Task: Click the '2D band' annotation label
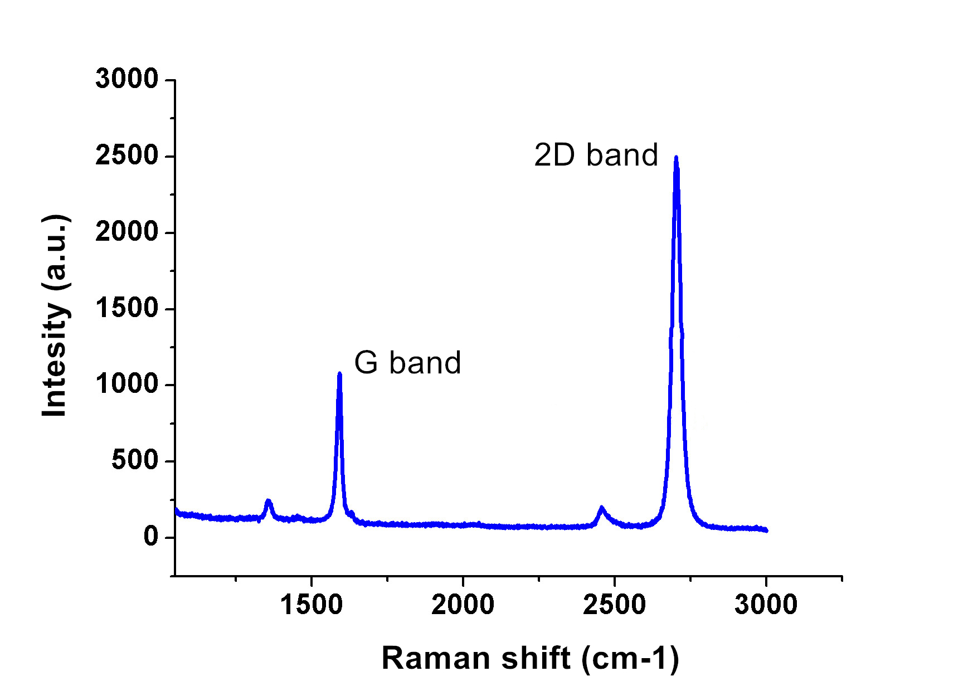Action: pyautogui.click(x=596, y=155)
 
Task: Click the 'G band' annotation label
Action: pyautogui.click(x=407, y=363)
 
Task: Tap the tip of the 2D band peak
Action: pyautogui.click(x=676, y=157)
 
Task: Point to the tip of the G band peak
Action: pyautogui.click(x=339, y=373)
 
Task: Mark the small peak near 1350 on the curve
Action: pyautogui.click(x=268, y=501)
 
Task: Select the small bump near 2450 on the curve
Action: pyautogui.click(x=601, y=508)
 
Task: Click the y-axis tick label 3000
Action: pyautogui.click(x=127, y=79)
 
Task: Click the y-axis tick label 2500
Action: pyautogui.click(x=127, y=155)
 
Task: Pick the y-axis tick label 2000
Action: pyautogui.click(x=127, y=232)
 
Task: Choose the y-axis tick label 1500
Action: pyautogui.click(x=127, y=308)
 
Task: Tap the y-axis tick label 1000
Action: pyautogui.click(x=127, y=385)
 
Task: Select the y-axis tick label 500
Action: pyautogui.click(x=135, y=461)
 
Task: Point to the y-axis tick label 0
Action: pyautogui.click(x=151, y=537)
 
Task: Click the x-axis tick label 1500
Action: pyautogui.click(x=311, y=605)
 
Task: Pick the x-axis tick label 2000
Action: pyautogui.click(x=463, y=605)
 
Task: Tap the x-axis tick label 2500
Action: pyautogui.click(x=614, y=605)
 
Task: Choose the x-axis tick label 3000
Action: pyautogui.click(x=766, y=605)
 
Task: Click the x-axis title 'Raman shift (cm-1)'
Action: pyautogui.click(x=530, y=658)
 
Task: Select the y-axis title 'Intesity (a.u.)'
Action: pyautogui.click(x=55, y=315)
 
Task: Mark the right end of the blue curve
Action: pyautogui.click(x=766, y=530)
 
